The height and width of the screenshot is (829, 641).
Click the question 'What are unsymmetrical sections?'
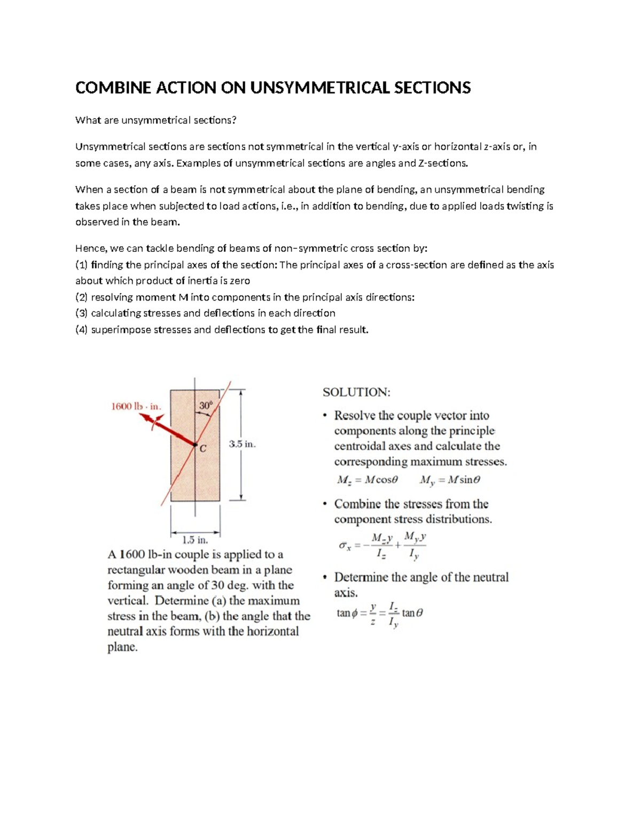coord(155,120)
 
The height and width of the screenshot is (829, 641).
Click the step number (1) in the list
coord(81,265)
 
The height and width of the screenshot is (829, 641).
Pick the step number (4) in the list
coord(81,330)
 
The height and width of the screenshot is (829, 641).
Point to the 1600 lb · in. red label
coord(136,406)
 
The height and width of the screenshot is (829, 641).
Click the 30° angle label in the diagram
coord(206,406)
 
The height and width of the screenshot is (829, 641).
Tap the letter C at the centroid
coord(203,449)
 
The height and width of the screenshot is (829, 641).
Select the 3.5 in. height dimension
coord(243,444)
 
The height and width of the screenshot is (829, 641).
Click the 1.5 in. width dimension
coord(195,540)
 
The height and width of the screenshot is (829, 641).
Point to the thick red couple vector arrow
coord(168,430)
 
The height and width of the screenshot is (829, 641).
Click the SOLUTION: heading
coord(356,392)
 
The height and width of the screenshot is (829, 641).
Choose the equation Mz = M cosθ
coord(368,480)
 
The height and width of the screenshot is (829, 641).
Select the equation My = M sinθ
coord(450,480)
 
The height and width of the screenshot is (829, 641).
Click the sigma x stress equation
coord(382,546)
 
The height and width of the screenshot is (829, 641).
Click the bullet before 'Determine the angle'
coord(325,578)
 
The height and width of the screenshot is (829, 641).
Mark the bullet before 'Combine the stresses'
coord(325,504)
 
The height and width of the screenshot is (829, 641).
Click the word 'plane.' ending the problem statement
coord(122,647)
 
